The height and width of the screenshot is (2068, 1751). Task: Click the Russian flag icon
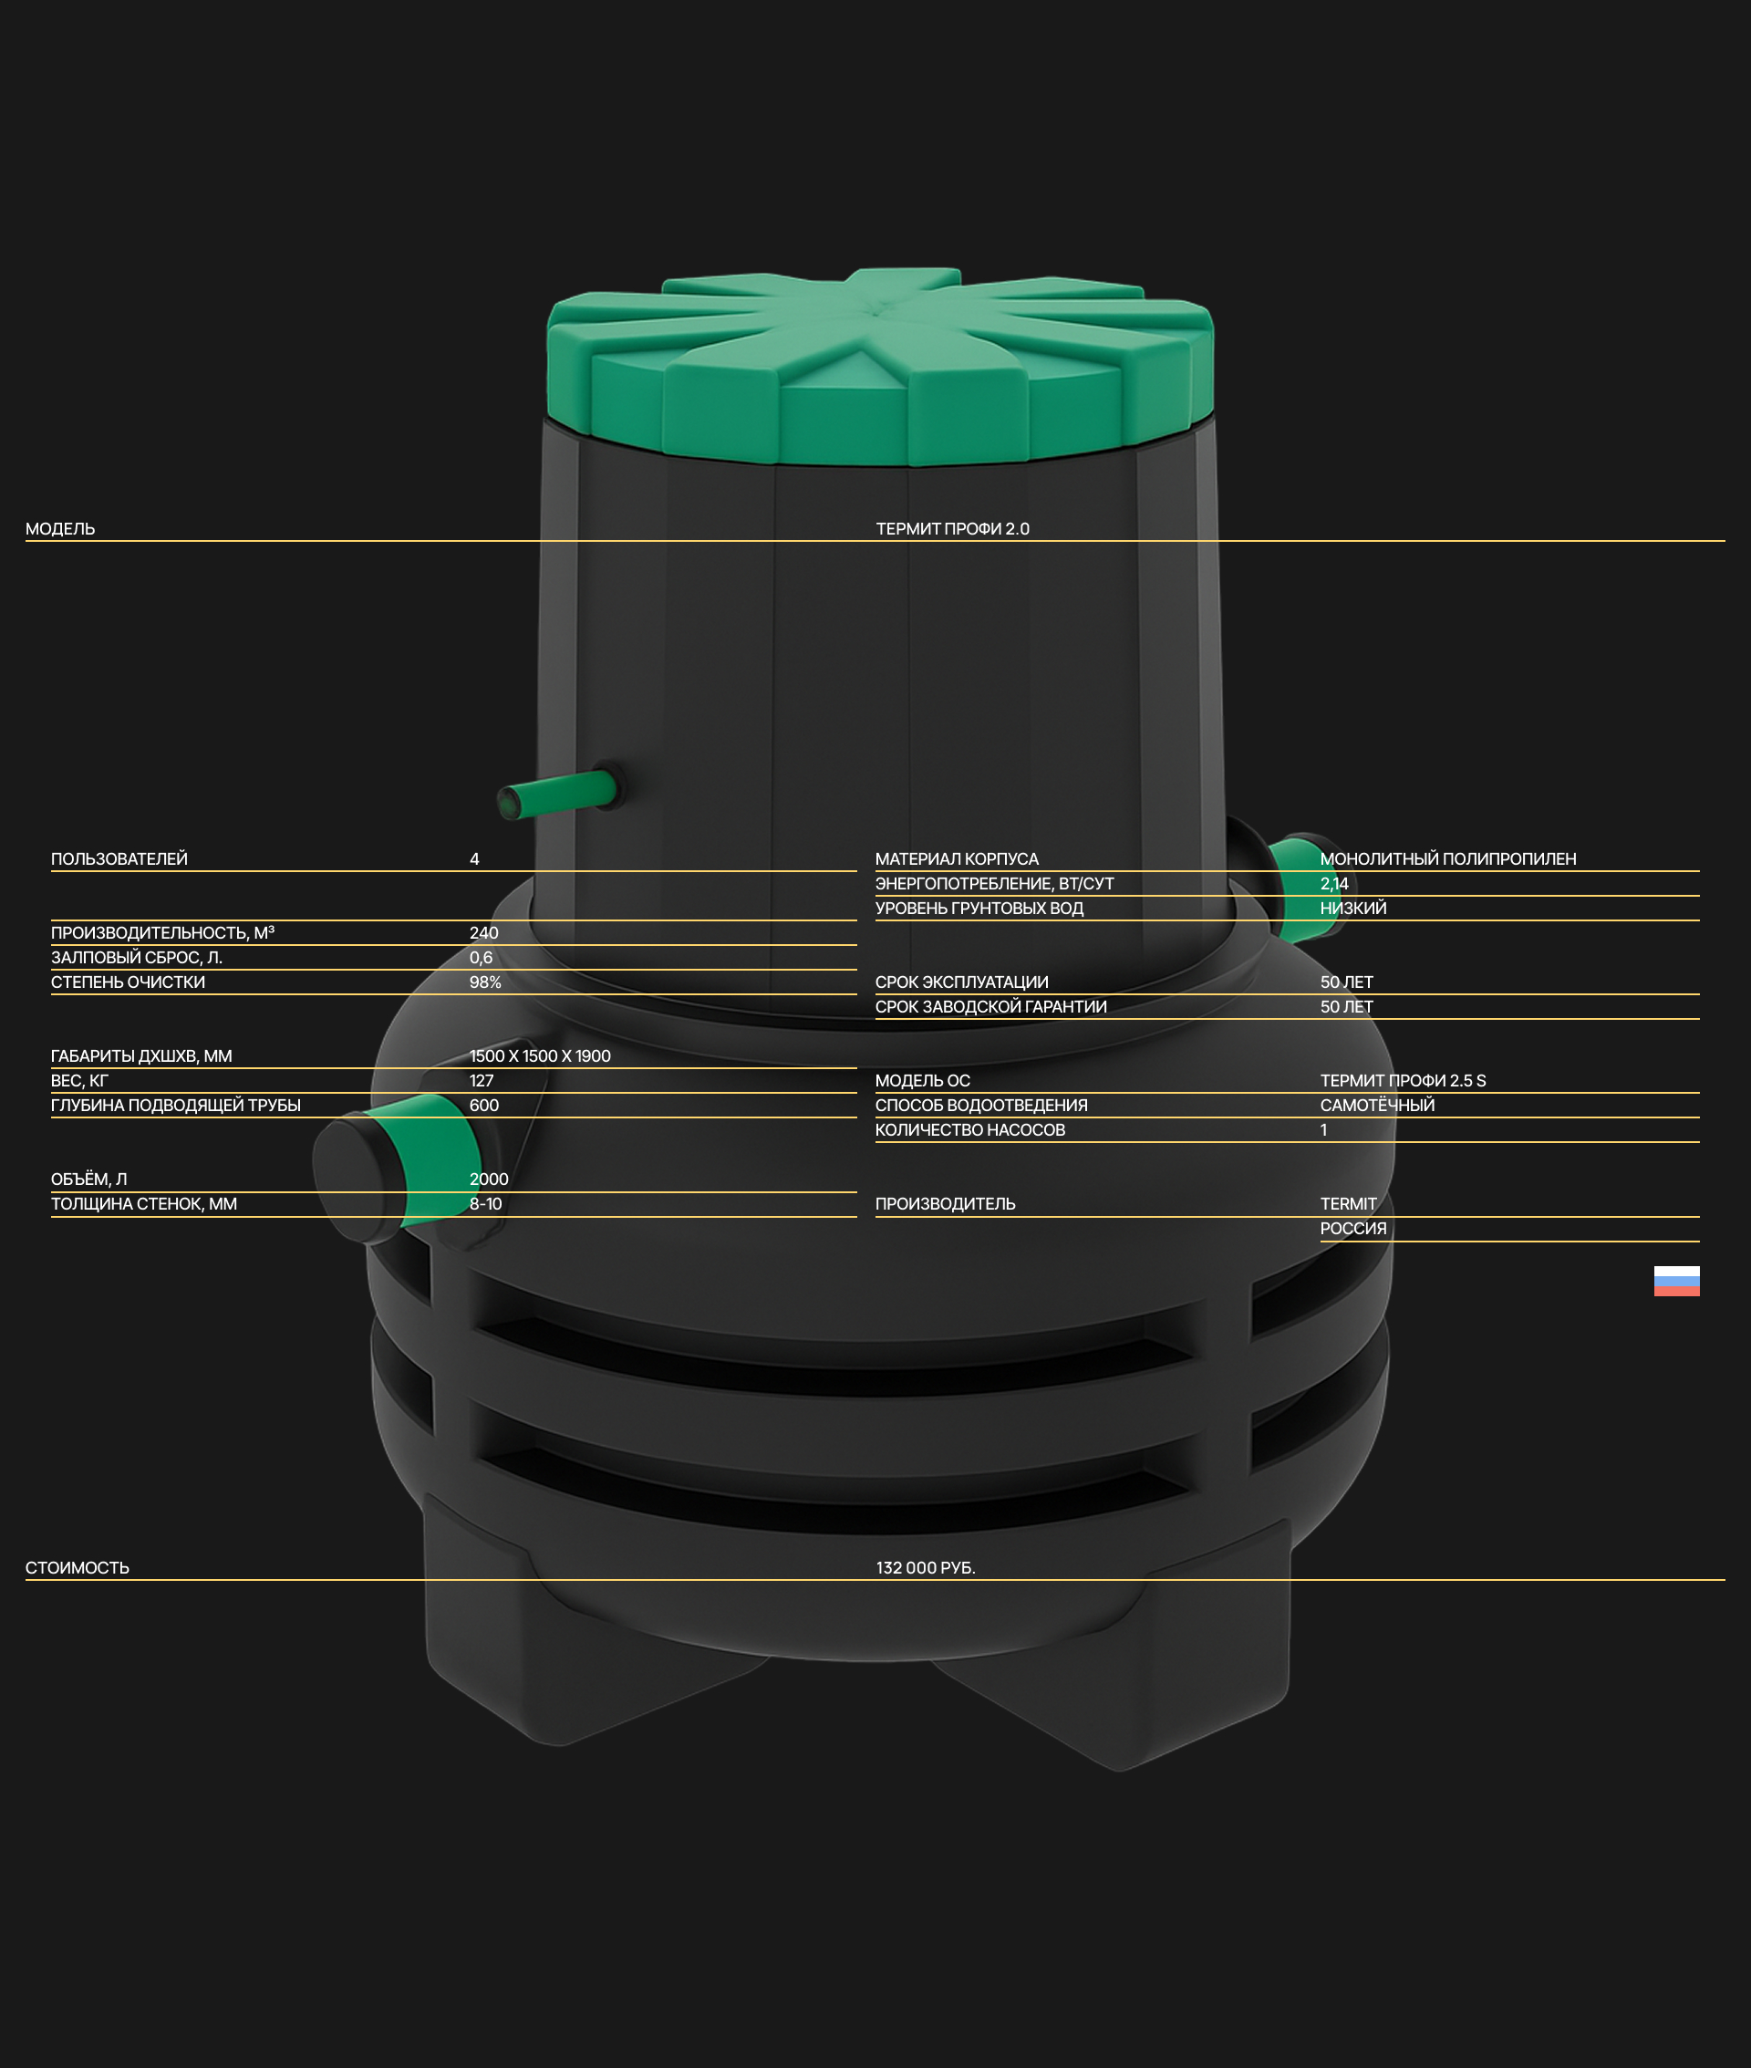[1676, 1281]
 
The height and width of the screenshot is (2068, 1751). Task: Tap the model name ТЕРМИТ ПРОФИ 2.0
[953, 529]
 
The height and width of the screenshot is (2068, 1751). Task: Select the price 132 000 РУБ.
[925, 1567]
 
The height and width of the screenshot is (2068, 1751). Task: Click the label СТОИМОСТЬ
[78, 1567]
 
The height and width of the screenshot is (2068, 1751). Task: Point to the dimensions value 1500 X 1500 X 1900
[540, 1056]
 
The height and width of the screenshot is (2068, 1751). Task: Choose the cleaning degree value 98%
[485, 982]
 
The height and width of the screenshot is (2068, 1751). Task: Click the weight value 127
[482, 1081]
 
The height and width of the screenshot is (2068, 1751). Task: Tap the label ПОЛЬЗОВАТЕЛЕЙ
[119, 858]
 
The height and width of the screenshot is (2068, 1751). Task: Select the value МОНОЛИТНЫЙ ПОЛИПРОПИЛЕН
[1448, 858]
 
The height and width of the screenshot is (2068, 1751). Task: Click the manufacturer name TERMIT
[1348, 1204]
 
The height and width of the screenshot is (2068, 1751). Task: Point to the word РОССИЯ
[1353, 1229]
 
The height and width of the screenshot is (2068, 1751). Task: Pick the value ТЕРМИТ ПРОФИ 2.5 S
[1403, 1081]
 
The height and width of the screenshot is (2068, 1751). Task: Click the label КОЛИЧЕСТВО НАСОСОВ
[969, 1130]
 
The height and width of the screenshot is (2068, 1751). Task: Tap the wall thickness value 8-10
[485, 1204]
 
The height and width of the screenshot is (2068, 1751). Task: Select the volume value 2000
[489, 1179]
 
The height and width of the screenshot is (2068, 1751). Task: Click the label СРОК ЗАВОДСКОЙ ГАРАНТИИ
[990, 1007]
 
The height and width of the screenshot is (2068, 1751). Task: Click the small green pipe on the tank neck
[558, 795]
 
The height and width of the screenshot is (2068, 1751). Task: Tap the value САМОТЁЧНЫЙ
[1377, 1106]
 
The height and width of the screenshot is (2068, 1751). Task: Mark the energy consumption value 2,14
[1334, 884]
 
